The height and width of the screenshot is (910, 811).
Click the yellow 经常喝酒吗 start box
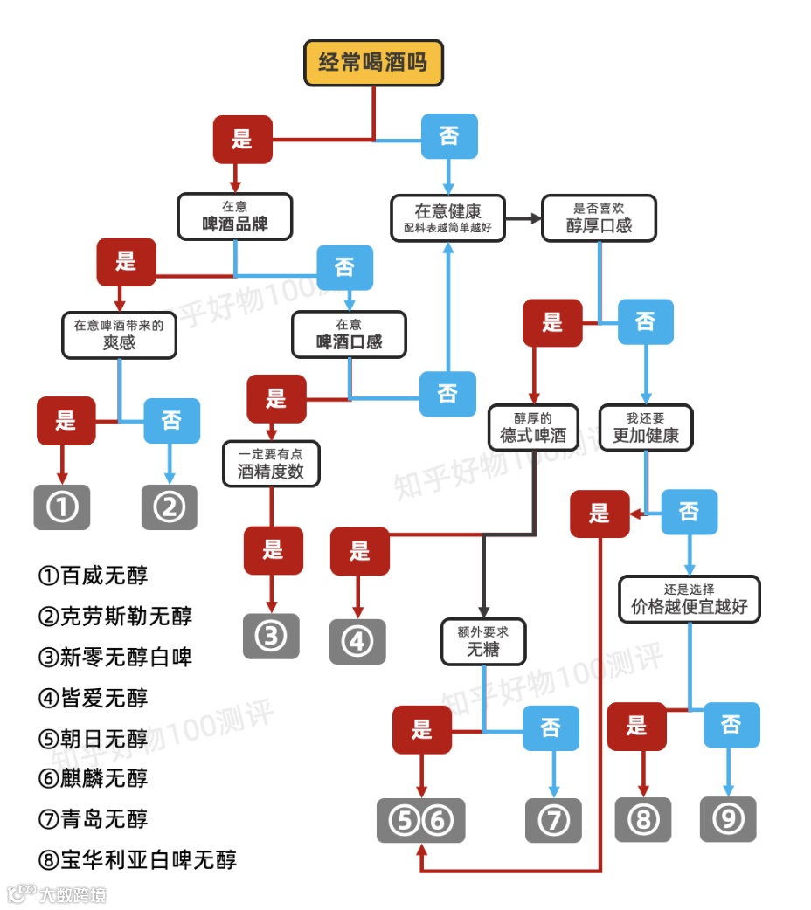[373, 64]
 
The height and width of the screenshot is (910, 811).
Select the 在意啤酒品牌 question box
[234, 217]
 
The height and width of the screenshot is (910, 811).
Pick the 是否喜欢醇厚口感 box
[600, 217]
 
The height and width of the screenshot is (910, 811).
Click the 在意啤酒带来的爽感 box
[119, 334]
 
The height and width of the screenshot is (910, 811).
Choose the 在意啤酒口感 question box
[349, 334]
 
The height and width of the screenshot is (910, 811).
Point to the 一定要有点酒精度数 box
[272, 464]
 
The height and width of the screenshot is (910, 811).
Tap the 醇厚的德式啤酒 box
[533, 426]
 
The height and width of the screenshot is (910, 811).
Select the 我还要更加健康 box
[646, 426]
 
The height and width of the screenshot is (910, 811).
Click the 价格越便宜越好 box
[690, 598]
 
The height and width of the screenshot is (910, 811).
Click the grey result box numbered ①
[62, 507]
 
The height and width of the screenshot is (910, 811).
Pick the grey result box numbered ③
[271, 637]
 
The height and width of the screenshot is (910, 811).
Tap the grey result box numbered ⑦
[552, 820]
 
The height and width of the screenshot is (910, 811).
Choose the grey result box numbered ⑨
[728, 818]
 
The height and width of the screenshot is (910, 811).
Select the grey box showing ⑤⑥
[421, 820]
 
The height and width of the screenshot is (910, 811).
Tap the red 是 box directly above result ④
[359, 551]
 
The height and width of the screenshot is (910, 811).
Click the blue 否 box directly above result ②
[171, 421]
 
